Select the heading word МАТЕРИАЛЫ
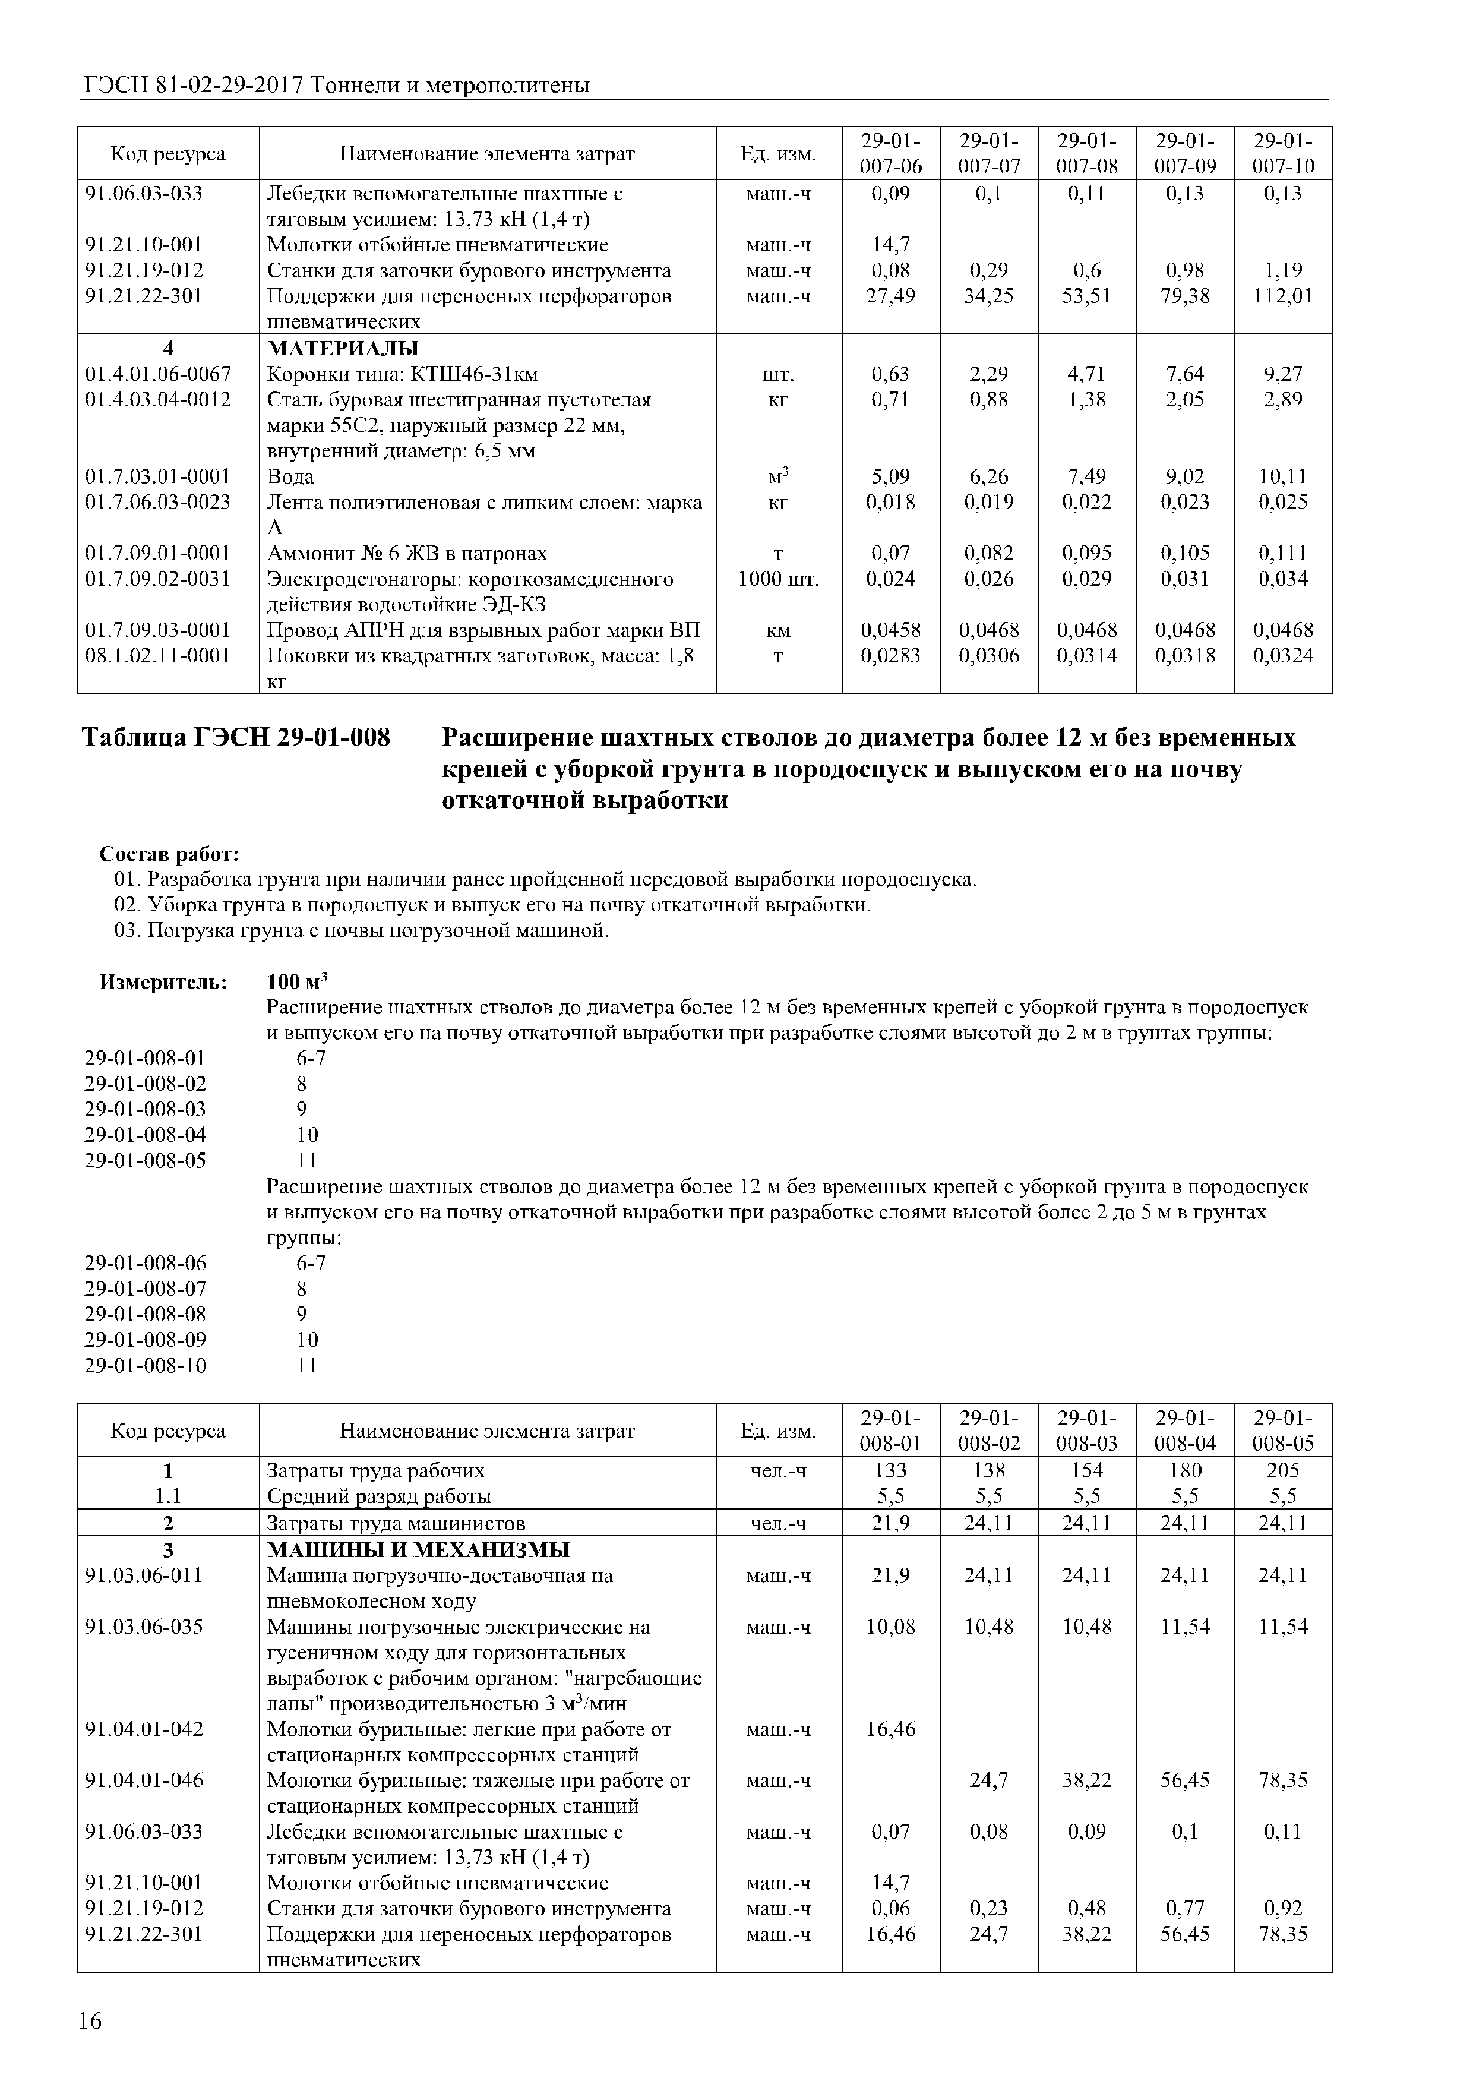point(342,349)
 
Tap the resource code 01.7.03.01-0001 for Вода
point(157,476)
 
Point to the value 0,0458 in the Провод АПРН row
point(889,630)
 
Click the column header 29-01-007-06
point(890,153)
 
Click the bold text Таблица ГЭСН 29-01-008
point(236,738)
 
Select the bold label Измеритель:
point(163,981)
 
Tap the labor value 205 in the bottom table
point(1282,1470)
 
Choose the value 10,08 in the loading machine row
point(890,1627)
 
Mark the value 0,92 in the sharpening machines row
point(1282,1908)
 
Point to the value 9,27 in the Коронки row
point(1282,374)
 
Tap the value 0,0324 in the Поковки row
point(1282,655)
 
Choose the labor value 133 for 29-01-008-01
point(890,1470)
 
